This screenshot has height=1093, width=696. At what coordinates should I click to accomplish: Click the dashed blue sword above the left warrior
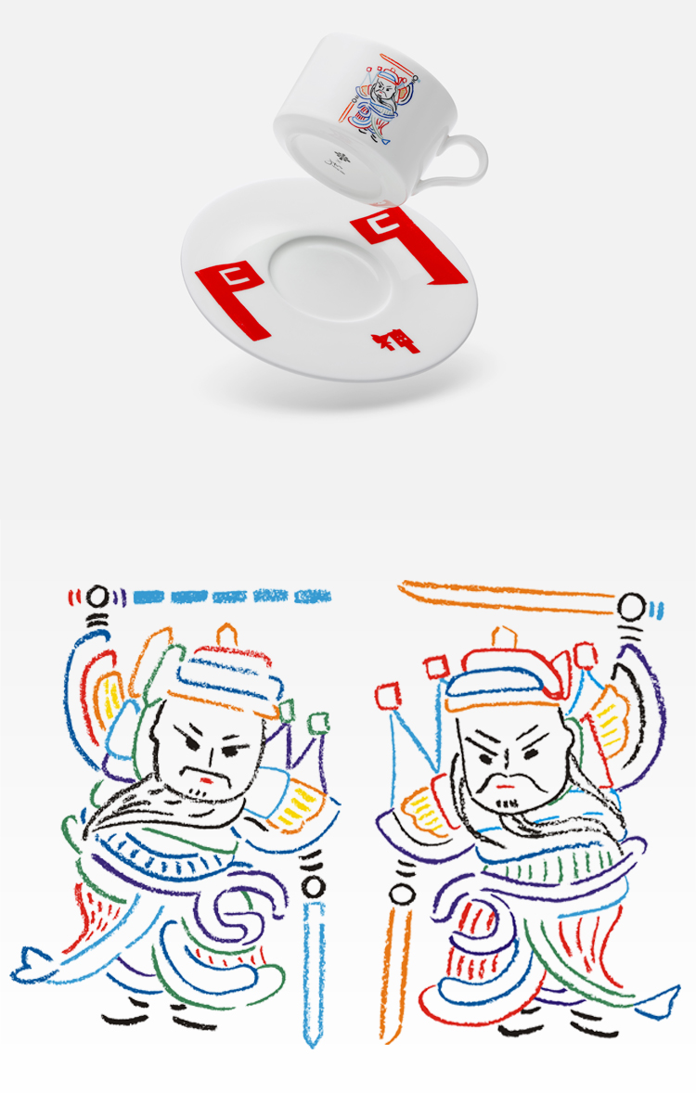(x=232, y=596)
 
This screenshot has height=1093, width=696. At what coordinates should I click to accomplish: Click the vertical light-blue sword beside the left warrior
(x=314, y=965)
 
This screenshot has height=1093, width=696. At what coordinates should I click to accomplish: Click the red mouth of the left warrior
(x=208, y=780)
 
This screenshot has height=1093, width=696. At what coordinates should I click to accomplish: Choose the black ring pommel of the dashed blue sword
(x=97, y=596)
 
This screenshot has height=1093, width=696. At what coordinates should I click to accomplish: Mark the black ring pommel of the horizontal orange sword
(x=631, y=609)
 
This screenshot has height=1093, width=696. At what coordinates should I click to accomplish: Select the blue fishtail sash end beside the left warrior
(x=32, y=965)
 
